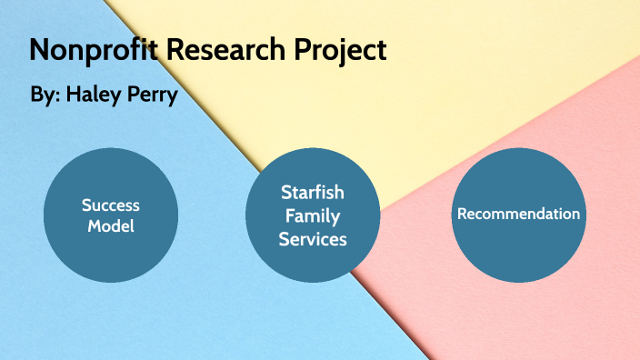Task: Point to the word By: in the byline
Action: tap(42, 95)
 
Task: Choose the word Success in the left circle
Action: tap(110, 205)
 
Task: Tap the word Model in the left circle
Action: tap(110, 225)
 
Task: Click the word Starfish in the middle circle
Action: tap(313, 193)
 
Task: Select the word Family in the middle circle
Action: tap(313, 215)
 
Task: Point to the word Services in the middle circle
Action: tap(313, 239)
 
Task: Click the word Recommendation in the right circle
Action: tap(518, 215)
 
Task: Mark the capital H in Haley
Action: tap(73, 95)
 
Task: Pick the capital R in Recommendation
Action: tap(462, 215)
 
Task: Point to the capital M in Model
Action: tap(94, 225)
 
